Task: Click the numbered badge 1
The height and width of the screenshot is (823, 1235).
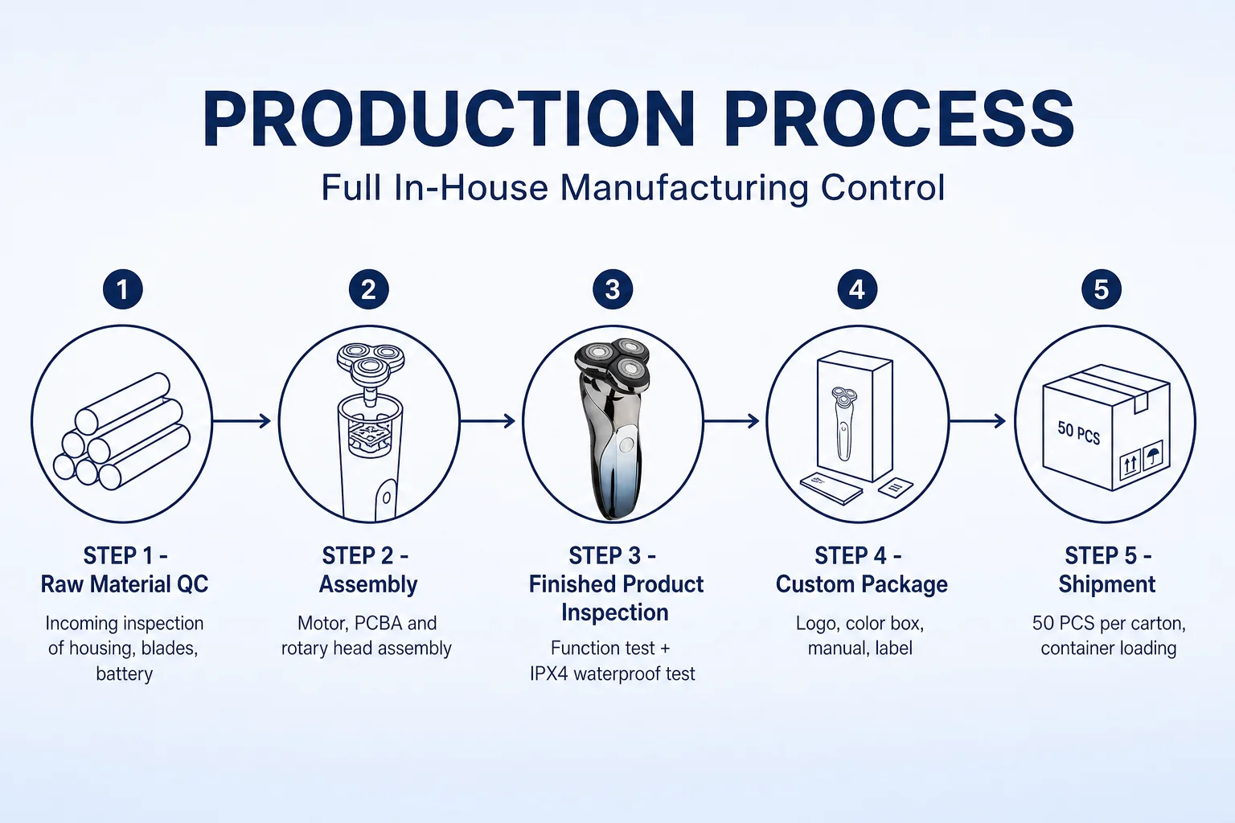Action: [x=123, y=289]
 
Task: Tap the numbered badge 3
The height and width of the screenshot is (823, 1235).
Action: [x=613, y=289]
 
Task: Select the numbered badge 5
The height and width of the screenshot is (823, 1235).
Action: [x=1101, y=289]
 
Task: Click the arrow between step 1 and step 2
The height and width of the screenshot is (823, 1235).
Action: [x=241, y=421]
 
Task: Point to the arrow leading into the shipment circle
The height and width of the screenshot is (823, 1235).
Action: [x=977, y=421]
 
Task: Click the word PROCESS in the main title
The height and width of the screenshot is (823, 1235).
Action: [x=899, y=119]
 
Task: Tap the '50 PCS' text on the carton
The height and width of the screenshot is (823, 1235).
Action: [x=1078, y=433]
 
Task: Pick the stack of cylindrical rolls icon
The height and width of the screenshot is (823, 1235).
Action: [x=122, y=432]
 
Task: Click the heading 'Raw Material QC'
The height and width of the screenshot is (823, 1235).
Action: [x=125, y=584]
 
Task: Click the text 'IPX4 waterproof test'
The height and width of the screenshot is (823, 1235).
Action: [x=613, y=674]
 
